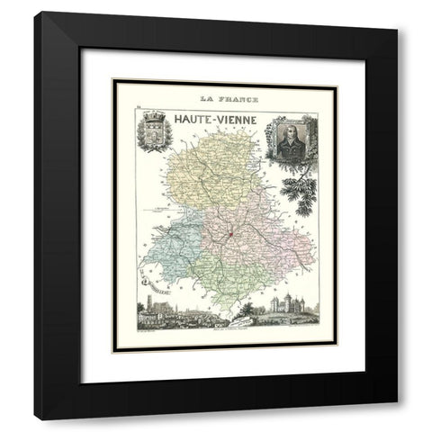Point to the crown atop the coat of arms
click(148, 116)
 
